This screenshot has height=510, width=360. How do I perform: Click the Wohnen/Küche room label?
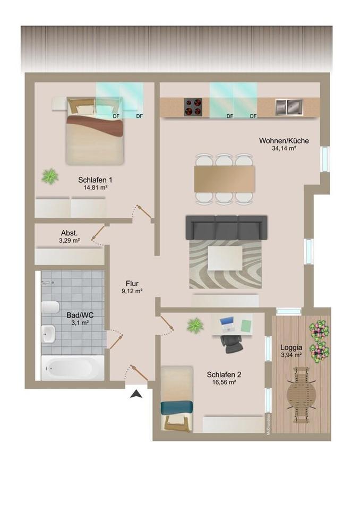tap(284, 141)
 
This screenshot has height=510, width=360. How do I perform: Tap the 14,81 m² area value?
tap(95, 188)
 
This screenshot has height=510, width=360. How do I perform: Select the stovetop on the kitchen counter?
tap(193, 107)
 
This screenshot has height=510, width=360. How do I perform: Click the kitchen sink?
tap(288, 107)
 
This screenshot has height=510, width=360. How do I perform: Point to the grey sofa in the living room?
tap(226, 228)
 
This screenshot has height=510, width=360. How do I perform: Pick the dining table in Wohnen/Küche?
tap(224, 179)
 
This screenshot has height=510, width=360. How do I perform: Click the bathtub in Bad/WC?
tap(73, 368)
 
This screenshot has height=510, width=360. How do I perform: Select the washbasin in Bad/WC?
tap(48, 334)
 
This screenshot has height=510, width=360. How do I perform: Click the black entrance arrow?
tap(136, 394)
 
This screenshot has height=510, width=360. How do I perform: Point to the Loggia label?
tap(290, 347)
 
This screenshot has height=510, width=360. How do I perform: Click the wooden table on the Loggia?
tap(301, 393)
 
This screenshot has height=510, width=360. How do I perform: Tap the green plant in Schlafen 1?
tap(50, 175)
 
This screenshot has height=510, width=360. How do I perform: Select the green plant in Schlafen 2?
tap(195, 325)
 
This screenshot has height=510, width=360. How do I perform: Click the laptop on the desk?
tap(227, 323)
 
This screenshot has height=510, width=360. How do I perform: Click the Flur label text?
tap(132, 284)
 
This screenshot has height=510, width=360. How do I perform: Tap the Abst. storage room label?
tap(69, 233)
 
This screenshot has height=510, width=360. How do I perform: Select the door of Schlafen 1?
tap(143, 211)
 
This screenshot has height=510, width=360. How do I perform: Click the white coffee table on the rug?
tap(225, 258)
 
